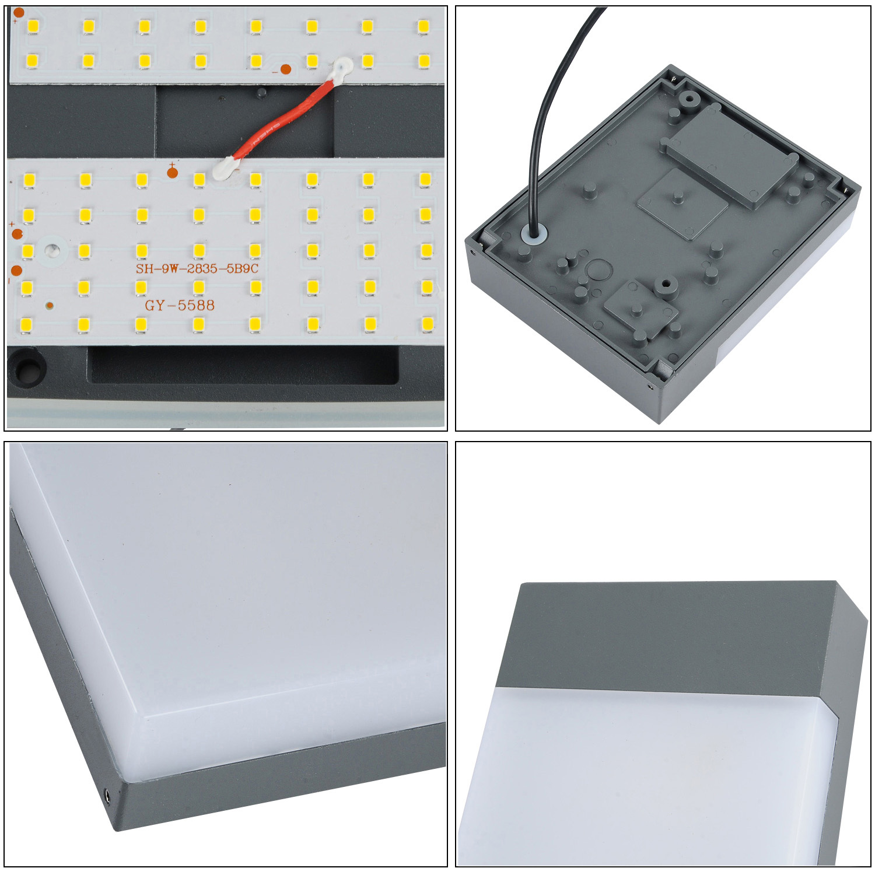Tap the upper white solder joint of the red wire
tap(341, 70)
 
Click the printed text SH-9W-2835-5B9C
tap(197, 268)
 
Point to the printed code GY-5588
tap(180, 305)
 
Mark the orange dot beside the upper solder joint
tap(286, 69)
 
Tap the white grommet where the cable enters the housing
tap(534, 234)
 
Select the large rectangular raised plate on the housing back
tap(730, 155)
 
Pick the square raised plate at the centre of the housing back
tap(682, 204)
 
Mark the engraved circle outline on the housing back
tap(598, 270)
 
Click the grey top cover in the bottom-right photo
tap(677, 636)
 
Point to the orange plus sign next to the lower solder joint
tap(172, 170)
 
